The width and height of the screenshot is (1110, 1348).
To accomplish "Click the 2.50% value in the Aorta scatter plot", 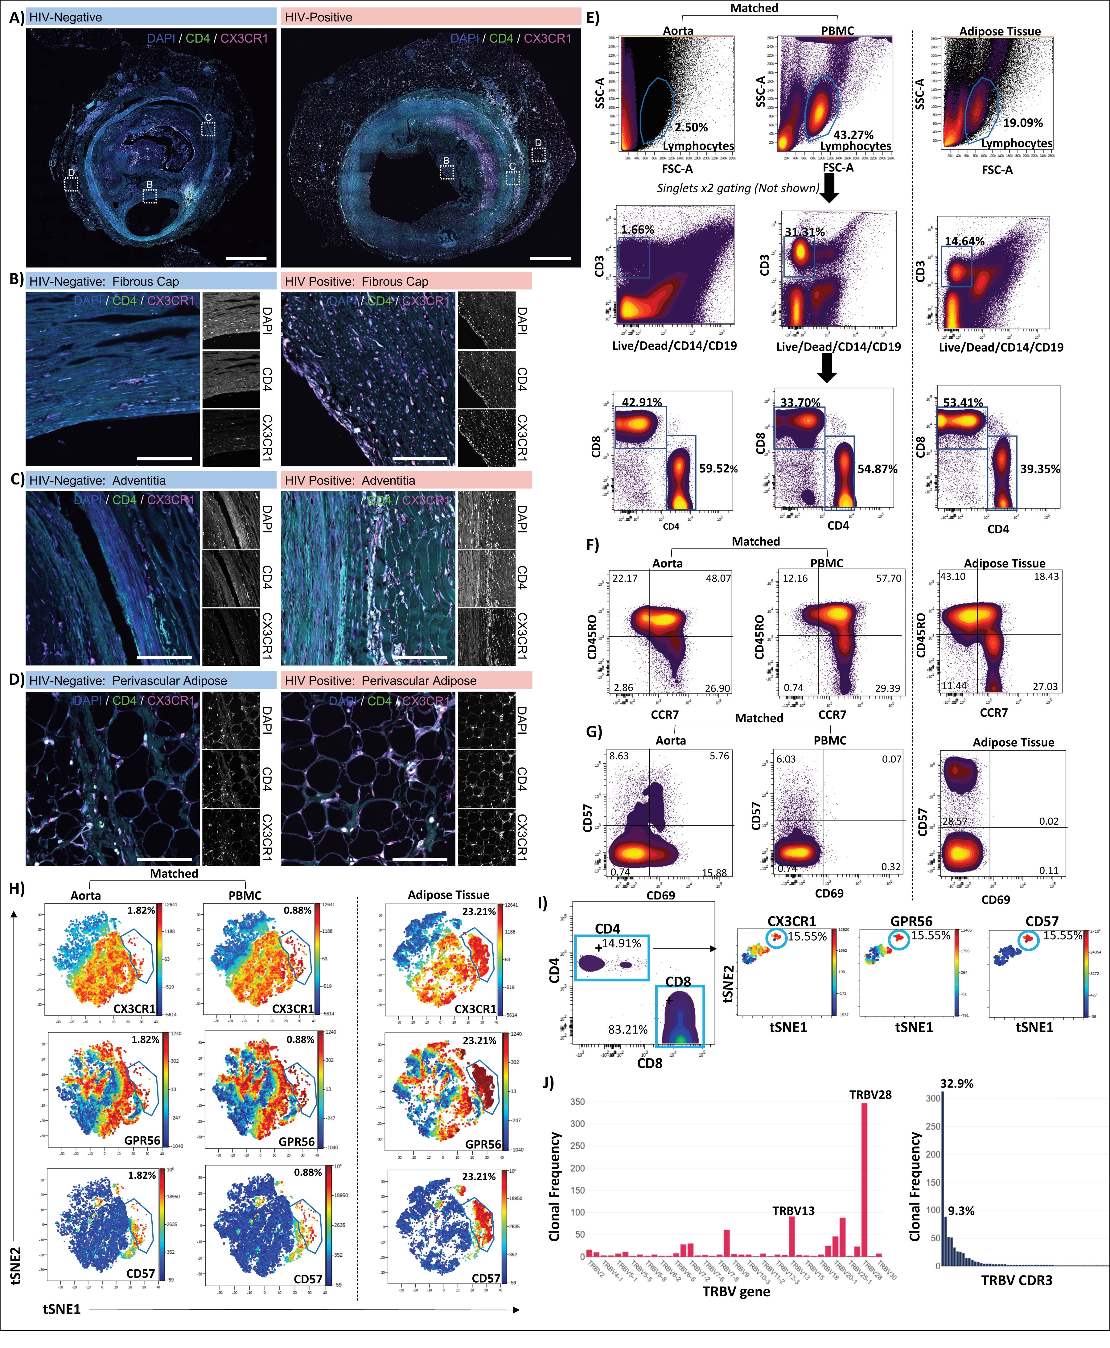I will (x=691, y=127).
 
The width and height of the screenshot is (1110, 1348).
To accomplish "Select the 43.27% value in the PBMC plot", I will (x=853, y=135).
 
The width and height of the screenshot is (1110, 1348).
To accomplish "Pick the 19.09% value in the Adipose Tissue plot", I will (x=1022, y=123).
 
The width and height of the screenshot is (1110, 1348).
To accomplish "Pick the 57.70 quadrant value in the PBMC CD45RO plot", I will (x=888, y=578).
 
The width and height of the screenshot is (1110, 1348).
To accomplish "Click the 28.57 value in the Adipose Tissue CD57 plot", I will (x=955, y=821).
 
